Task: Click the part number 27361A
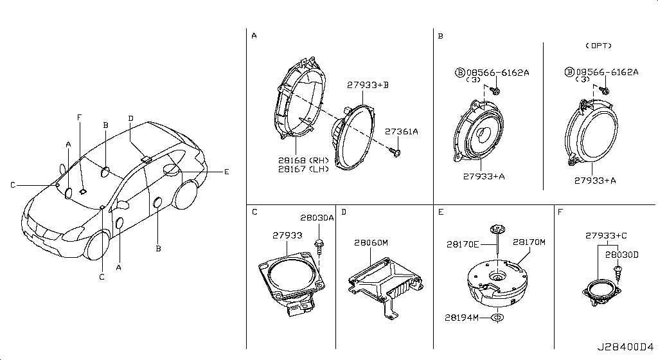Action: click(402, 132)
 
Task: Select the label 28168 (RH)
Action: click(303, 160)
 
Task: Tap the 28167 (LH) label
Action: click(303, 169)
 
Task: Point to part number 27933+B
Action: click(368, 85)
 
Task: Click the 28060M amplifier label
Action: click(371, 243)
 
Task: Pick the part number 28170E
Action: click(463, 244)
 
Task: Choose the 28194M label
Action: click(461, 318)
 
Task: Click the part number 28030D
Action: click(621, 255)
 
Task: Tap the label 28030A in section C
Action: click(317, 218)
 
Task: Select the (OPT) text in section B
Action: click(598, 46)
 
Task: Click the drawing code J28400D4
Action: click(625, 347)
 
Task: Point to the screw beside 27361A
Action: click(395, 152)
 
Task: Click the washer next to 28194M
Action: click(497, 318)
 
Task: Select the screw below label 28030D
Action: click(618, 273)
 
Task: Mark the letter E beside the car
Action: click(227, 172)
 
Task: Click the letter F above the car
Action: click(79, 118)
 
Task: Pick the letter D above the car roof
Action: click(131, 118)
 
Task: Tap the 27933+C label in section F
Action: click(606, 236)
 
